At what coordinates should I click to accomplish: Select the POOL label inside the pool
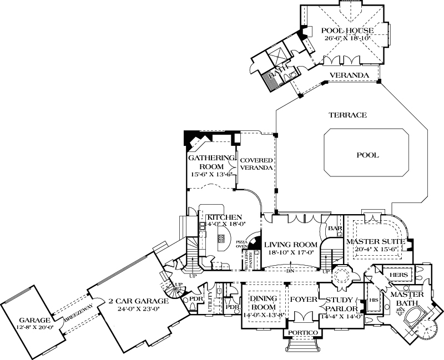(367, 155)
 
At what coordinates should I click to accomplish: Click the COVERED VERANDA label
(256, 164)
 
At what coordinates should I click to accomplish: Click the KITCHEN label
(224, 217)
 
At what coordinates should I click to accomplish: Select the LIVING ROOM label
(290, 245)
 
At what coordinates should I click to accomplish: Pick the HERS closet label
(399, 275)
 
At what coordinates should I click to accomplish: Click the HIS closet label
(373, 300)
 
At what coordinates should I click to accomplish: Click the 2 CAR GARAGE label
(134, 301)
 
